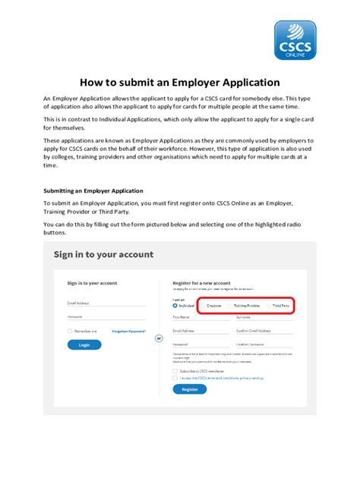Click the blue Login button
pyautogui.click(x=84, y=344)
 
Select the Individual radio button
pyautogui.click(x=175, y=306)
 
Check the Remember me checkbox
pyautogui.click(x=70, y=332)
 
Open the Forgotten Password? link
pyautogui.click(x=128, y=332)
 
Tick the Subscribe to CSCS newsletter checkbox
pyautogui.click(x=175, y=370)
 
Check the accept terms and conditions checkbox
pyautogui.click(x=175, y=377)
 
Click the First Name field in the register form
pyautogui.click(x=200, y=317)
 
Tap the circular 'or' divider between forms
pyautogui.click(x=159, y=338)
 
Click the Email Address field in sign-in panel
pyautogui.click(x=106, y=303)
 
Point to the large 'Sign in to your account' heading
pyautogui.click(x=103, y=255)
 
